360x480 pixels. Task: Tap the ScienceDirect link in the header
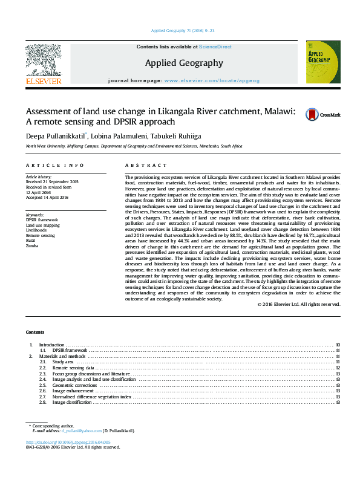tap(215, 47)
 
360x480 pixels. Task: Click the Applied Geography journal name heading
tap(184, 62)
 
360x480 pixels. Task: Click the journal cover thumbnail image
tap(322, 62)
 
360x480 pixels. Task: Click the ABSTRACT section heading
tap(146, 165)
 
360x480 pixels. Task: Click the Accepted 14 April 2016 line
tap(48, 198)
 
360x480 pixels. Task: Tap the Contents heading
tap(35, 332)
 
